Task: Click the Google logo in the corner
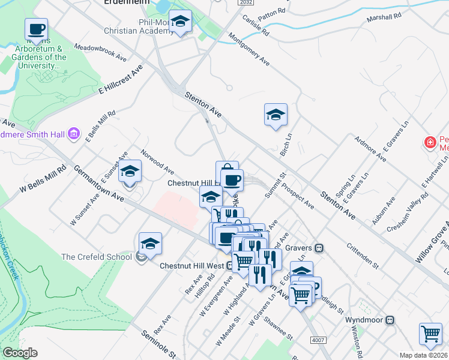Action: pos(20,353)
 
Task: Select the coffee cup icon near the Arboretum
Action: pos(35,29)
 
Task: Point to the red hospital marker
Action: pos(430,143)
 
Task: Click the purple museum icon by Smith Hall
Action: pos(74,133)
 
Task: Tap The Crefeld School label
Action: pos(97,257)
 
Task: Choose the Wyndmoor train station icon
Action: pos(391,320)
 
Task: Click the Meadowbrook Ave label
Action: pos(100,52)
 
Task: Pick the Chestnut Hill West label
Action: pos(192,265)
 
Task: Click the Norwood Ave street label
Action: pos(157,160)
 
